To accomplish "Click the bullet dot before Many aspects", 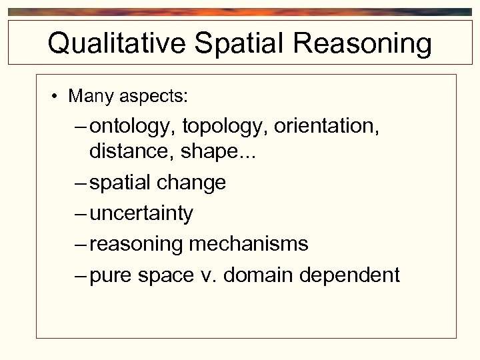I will click(x=53, y=96).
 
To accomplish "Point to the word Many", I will click(x=91, y=96).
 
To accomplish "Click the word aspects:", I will click(x=154, y=97).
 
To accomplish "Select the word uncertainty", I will click(x=141, y=213).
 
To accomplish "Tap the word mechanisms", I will click(x=249, y=244).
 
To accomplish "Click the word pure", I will click(x=111, y=275).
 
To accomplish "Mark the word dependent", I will click(x=354, y=275).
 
